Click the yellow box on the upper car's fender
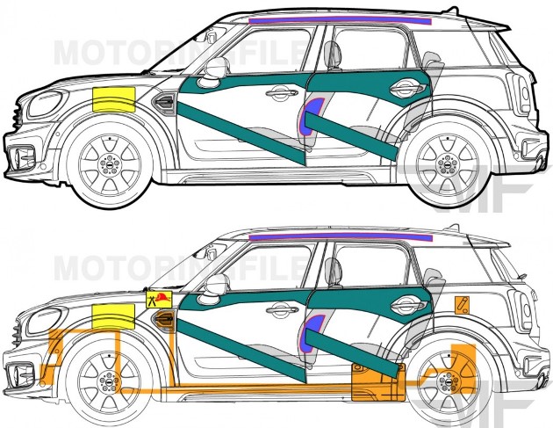tap(112, 100)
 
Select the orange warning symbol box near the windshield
tap(160, 301)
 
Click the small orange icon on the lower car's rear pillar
tap(461, 304)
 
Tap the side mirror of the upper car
tap(213, 70)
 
